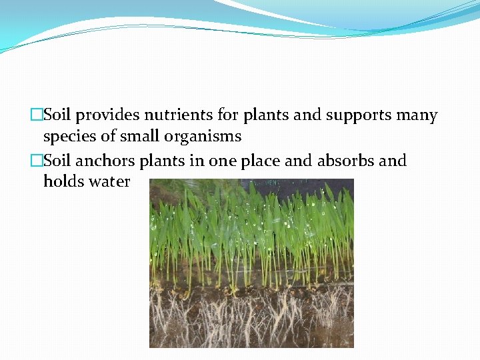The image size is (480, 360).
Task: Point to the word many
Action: (417, 115)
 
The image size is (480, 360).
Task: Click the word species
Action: (70, 137)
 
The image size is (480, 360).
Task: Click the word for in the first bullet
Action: (227, 115)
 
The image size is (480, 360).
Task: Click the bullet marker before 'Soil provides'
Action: (37, 115)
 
